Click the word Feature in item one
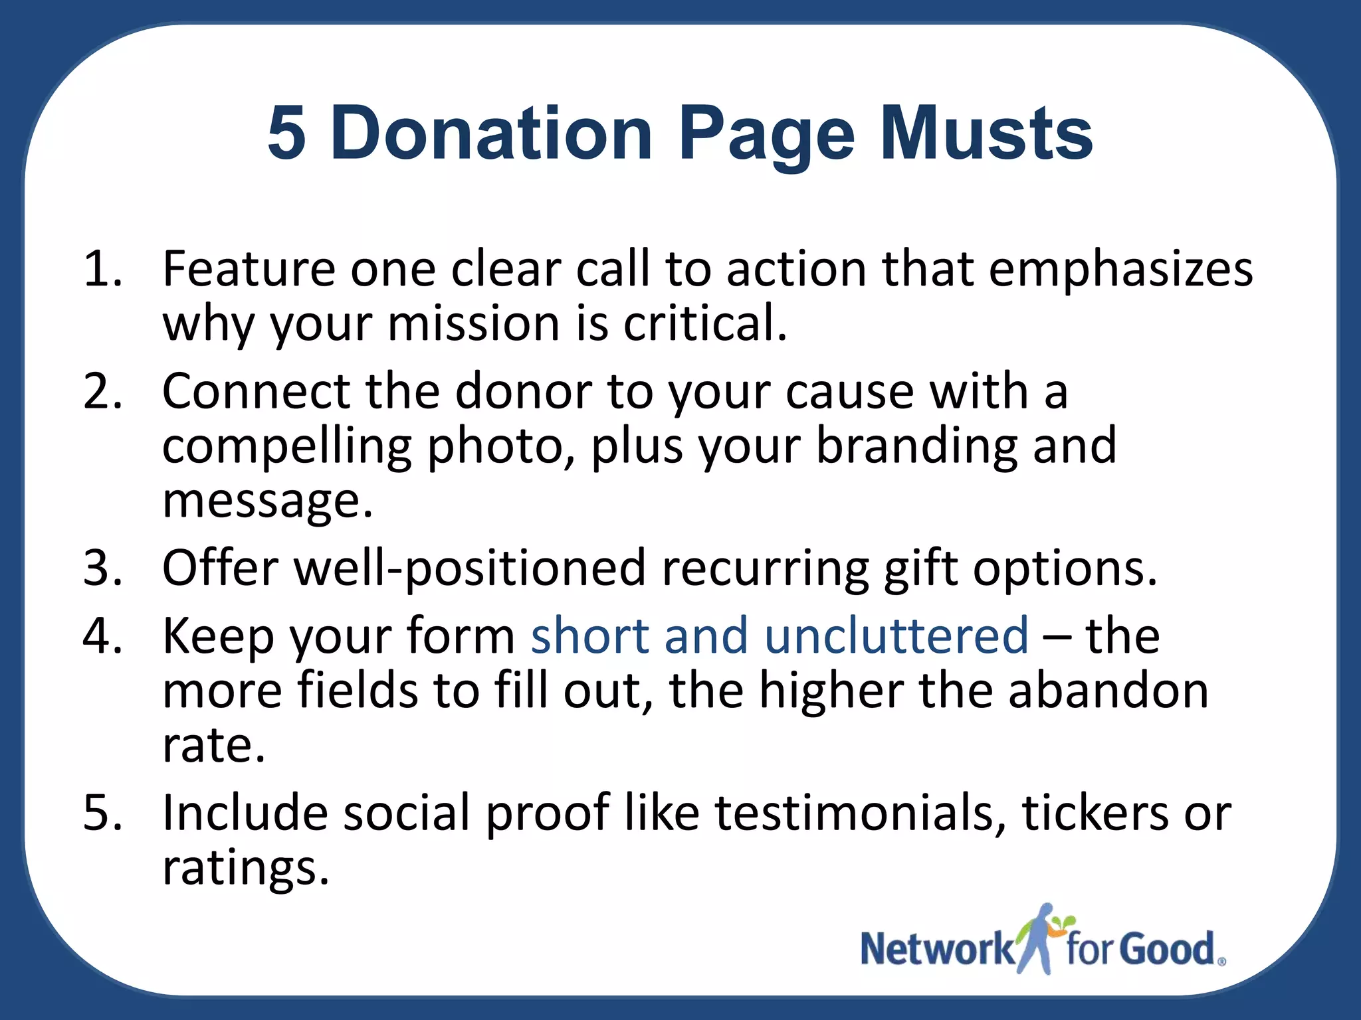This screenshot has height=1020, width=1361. (x=249, y=269)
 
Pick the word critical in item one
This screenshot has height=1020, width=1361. (x=704, y=323)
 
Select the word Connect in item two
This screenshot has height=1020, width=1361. (x=256, y=391)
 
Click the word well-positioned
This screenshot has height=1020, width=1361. (x=470, y=568)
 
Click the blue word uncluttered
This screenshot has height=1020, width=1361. (x=896, y=636)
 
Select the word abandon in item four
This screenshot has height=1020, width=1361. (x=1108, y=691)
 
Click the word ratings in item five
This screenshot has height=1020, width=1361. (x=245, y=867)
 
